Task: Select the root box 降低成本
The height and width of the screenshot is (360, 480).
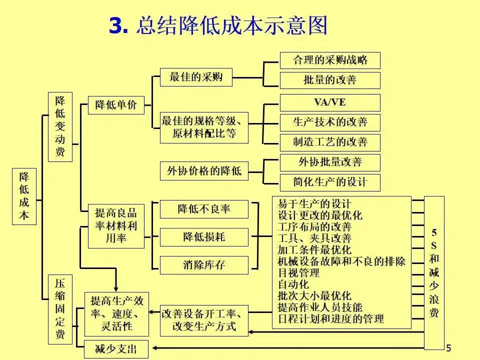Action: point(24,196)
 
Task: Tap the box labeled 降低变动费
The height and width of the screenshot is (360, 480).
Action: point(60,126)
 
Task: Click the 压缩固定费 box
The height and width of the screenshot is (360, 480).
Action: point(60,309)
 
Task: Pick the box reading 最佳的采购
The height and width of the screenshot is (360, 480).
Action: point(196,77)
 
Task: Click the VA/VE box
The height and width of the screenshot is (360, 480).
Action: point(329,102)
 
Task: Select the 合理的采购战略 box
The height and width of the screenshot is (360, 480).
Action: point(329,60)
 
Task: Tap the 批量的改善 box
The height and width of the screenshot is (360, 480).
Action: point(329,80)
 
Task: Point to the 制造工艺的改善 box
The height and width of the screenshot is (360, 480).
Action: point(329,142)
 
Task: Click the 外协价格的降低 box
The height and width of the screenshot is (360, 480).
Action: point(204,171)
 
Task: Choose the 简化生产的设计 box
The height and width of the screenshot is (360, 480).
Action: point(329,182)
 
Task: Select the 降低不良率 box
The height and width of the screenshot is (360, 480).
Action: point(204,209)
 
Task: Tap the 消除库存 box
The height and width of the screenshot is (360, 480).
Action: point(204,265)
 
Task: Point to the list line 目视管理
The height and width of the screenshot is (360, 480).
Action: point(299,273)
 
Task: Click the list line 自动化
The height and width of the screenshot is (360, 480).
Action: point(293,284)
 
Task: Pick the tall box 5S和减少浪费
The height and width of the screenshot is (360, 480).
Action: point(434,272)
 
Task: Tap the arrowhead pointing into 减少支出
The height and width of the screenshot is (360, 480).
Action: point(154,348)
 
